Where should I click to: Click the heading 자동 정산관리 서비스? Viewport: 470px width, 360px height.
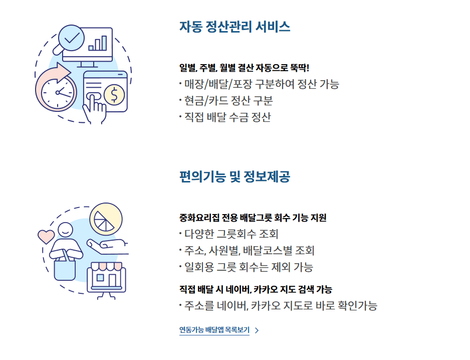[x=234, y=27]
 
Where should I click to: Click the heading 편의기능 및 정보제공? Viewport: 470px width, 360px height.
[x=234, y=176]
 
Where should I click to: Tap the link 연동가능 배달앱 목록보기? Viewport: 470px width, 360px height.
[x=214, y=330]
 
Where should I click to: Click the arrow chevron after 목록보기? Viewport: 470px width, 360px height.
[x=257, y=330]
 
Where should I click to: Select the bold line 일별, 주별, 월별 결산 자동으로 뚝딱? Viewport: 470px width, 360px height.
[x=244, y=68]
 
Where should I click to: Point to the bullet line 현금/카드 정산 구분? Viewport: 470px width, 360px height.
[x=226, y=101]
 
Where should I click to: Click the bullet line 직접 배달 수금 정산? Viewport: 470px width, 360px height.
[x=225, y=117]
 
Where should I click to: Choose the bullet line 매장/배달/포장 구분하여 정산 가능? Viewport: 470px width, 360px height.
[x=259, y=84]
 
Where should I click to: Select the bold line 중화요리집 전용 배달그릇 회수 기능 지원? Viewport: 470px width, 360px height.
[x=253, y=218]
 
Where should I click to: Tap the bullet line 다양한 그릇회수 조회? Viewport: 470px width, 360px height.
[x=229, y=234]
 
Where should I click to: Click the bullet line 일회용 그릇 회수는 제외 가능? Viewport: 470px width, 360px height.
[x=247, y=267]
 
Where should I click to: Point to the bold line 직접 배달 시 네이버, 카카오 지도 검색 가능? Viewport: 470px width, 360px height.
[x=256, y=289]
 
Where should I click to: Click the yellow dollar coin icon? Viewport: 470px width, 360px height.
[x=114, y=94]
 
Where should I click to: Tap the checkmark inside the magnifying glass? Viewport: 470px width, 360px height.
[x=72, y=38]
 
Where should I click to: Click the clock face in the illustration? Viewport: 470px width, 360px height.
[x=57, y=92]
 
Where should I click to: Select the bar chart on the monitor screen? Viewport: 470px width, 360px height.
[x=97, y=43]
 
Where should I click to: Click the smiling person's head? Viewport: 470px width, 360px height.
[x=65, y=230]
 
